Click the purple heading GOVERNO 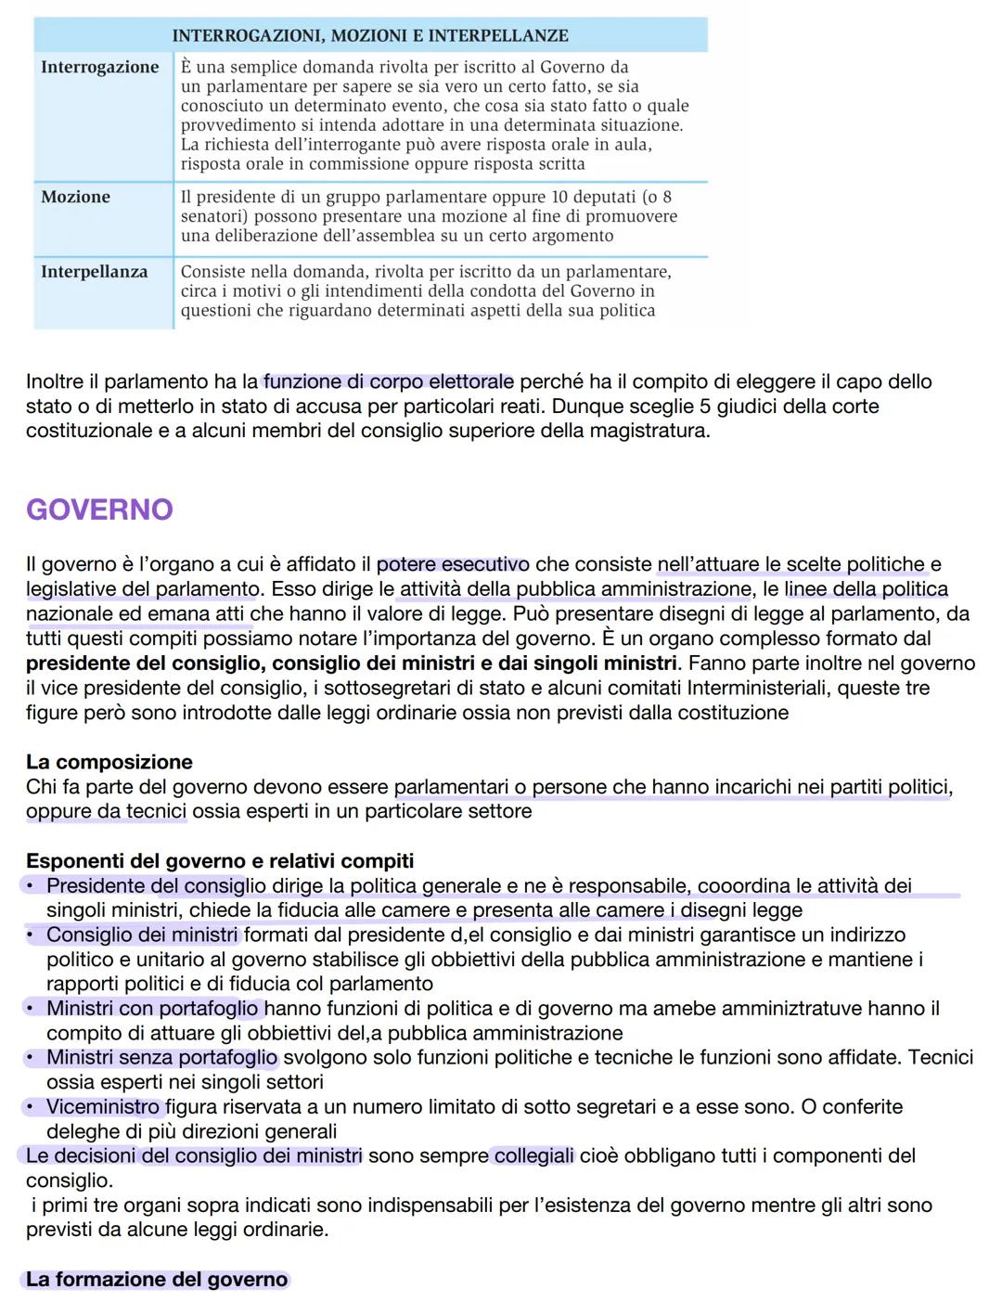(99, 509)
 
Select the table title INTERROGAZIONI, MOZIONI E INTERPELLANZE (370, 35)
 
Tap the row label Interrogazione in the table (100, 67)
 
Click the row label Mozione (75, 197)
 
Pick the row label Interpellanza (94, 272)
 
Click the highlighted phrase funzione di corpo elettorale (388, 381)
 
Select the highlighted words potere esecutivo (453, 564)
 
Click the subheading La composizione (109, 762)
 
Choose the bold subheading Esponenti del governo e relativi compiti (220, 860)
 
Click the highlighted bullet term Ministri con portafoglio (152, 1008)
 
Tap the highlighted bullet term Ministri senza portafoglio (161, 1057)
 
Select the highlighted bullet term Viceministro (103, 1106)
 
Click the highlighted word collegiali (533, 1155)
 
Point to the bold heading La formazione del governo (157, 1280)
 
